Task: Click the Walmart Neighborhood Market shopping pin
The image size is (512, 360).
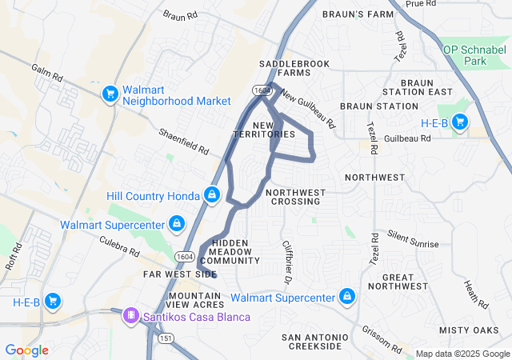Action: point(110,94)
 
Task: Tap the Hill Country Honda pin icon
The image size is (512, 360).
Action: point(211,194)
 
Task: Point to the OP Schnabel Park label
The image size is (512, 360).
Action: point(477,54)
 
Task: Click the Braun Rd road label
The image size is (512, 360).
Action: point(179,15)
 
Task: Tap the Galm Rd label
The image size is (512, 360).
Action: point(47,74)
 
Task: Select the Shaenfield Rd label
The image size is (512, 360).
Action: point(183,141)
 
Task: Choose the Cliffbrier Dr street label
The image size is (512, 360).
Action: point(285,262)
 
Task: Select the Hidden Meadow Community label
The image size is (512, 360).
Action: point(230,251)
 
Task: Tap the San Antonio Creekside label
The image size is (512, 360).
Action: point(314,342)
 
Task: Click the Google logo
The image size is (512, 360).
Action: point(27,350)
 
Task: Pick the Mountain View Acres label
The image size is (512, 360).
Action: point(196,300)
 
